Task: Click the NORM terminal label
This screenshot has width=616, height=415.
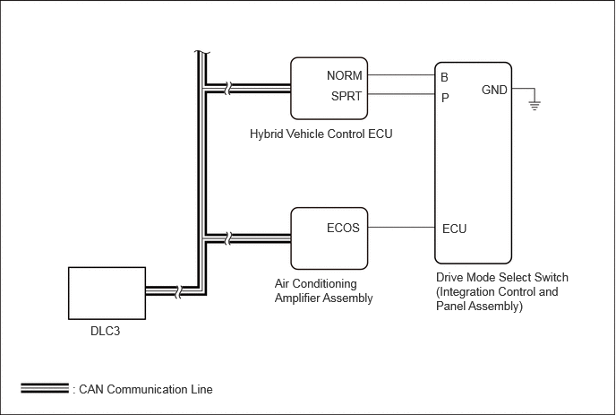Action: [344, 75]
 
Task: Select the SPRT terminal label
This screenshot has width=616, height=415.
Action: [346, 96]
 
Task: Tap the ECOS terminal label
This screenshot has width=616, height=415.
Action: [343, 228]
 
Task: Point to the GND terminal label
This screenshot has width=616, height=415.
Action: [494, 90]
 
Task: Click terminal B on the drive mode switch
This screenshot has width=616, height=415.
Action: [444, 77]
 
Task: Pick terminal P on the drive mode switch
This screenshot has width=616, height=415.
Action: [445, 97]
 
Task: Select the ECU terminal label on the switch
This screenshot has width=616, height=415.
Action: [454, 229]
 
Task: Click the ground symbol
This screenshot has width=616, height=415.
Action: [535, 106]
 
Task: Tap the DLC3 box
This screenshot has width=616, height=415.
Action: [107, 293]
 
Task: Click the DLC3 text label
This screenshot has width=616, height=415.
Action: [105, 331]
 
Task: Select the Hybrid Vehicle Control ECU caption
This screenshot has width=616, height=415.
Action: [321, 134]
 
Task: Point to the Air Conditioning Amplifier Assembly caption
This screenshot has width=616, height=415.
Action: [323, 290]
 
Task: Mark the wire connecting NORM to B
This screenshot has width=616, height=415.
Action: [401, 74]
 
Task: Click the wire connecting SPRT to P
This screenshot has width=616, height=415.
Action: [401, 94]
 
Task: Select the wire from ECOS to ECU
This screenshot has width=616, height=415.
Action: [401, 227]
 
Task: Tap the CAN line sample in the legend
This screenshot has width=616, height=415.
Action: [45, 388]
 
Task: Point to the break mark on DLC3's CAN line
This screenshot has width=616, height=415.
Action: [178, 291]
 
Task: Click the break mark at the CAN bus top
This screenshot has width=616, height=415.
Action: [202, 52]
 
